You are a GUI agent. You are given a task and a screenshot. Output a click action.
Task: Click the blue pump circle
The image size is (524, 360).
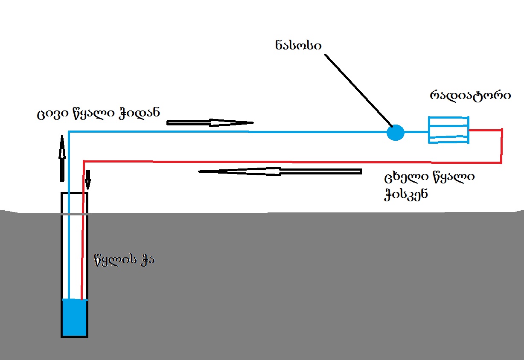click(x=395, y=133)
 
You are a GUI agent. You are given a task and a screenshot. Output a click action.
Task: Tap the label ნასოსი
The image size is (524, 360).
click(x=298, y=46)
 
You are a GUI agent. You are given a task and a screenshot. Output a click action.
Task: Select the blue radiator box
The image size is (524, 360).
click(x=448, y=130)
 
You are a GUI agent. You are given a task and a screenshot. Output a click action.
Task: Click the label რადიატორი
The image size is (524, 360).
click(x=470, y=95)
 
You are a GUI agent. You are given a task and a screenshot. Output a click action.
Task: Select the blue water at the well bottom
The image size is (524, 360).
click(x=75, y=317)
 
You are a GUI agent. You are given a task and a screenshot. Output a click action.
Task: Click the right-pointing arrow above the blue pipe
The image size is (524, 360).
click(x=210, y=123)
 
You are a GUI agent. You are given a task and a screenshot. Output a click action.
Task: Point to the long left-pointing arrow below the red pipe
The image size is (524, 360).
click(x=279, y=171)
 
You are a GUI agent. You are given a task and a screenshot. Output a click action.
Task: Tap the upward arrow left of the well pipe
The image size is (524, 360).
click(x=62, y=157)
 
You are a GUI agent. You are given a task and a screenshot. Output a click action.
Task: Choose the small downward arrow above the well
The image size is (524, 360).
click(x=88, y=180)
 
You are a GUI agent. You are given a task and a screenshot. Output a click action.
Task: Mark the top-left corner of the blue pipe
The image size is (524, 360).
click(x=69, y=132)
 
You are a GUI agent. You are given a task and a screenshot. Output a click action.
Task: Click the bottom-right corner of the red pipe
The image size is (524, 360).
click(x=501, y=163)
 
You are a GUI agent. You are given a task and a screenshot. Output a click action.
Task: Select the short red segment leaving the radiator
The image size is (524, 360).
click(x=485, y=130)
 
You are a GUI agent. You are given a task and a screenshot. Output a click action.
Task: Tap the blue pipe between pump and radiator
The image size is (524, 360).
click(x=416, y=132)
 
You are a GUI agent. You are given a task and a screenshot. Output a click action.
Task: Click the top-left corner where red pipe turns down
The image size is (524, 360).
click(x=84, y=161)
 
